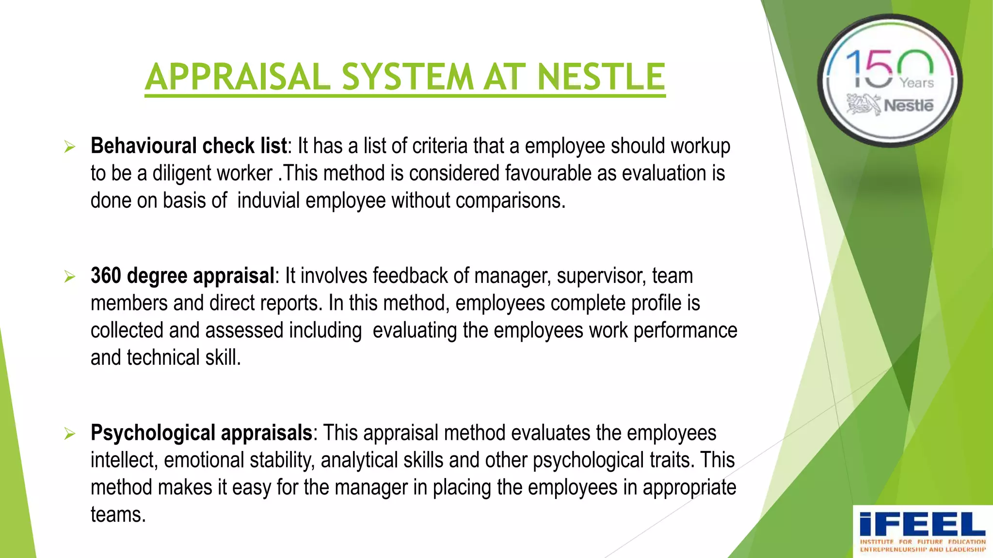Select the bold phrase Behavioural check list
[189, 146]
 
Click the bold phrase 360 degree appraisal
[182, 276]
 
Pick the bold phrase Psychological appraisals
[201, 433]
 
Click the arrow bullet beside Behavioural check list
[70, 147]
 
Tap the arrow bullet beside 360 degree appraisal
[70, 277]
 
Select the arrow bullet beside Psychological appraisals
[70, 434]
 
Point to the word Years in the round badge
[916, 83]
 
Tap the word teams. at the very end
[118, 514]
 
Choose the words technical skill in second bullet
[184, 357]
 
